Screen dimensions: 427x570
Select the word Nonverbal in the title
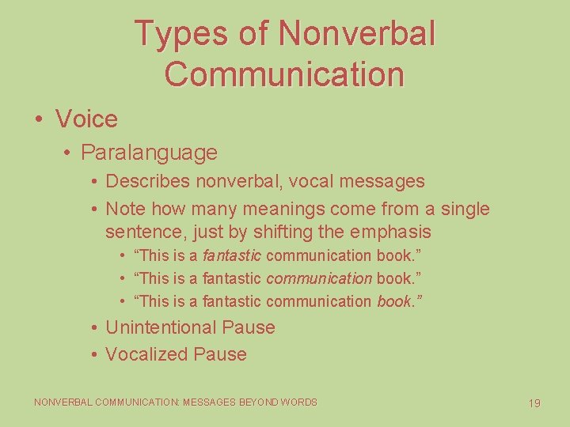click(357, 33)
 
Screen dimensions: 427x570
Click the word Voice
click(86, 119)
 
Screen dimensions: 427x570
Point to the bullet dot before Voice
click(39, 120)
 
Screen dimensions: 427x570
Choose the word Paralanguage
click(149, 152)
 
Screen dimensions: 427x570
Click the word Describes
click(148, 181)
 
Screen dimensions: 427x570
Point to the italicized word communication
click(319, 278)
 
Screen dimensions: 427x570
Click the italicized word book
click(394, 301)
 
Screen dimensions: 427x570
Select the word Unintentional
click(161, 327)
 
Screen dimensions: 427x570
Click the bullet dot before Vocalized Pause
click(94, 354)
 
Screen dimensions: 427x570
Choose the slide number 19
click(534, 403)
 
